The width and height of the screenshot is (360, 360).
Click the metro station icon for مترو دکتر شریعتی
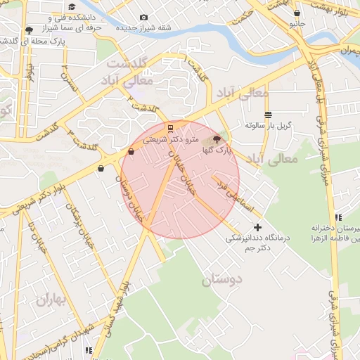coord(169,128)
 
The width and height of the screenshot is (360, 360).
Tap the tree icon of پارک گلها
coord(216,139)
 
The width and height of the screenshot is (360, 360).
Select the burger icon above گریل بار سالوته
coord(268,115)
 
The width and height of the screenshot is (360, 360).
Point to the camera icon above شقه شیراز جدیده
coord(144,17)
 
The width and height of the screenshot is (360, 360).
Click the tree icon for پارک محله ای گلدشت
coord(29,30)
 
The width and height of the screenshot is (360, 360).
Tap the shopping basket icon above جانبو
coord(297,13)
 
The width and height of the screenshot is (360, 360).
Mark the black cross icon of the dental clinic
coord(257,227)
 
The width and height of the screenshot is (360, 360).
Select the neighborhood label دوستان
coord(222,280)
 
